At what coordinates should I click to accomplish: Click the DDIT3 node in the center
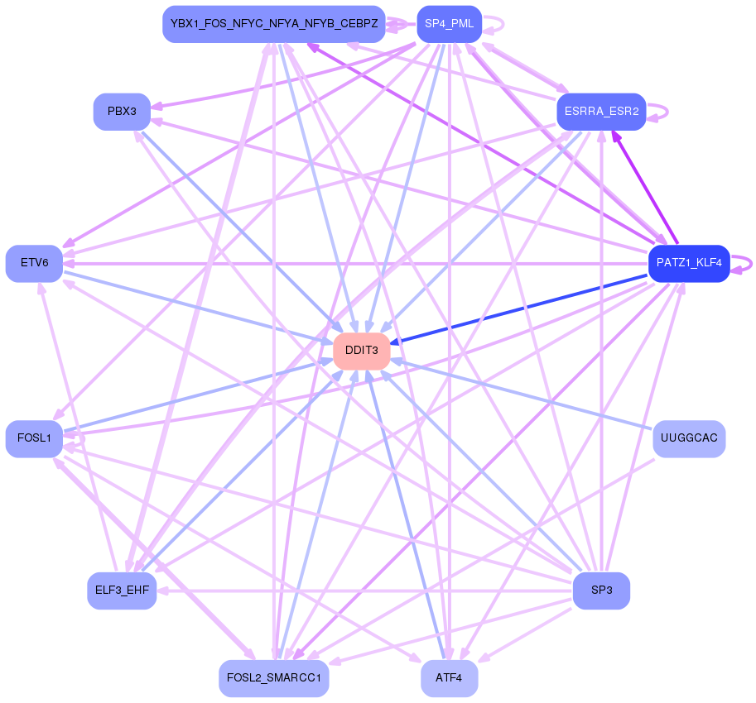tap(362, 351)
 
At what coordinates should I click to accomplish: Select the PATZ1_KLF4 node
tap(689, 264)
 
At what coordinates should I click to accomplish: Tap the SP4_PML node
tap(449, 24)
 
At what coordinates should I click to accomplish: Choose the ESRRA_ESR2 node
tap(601, 112)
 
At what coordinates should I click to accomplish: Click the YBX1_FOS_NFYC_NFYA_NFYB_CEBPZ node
tap(274, 24)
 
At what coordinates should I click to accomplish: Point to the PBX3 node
tap(122, 112)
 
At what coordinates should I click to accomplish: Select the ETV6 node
tap(34, 263)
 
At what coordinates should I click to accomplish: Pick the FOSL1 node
tap(34, 438)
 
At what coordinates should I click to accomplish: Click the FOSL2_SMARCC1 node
tap(274, 678)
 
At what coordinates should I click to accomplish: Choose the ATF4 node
tap(450, 678)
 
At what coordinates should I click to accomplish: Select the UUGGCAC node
tap(689, 438)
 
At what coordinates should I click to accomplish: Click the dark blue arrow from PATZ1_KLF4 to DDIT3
tap(522, 308)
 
